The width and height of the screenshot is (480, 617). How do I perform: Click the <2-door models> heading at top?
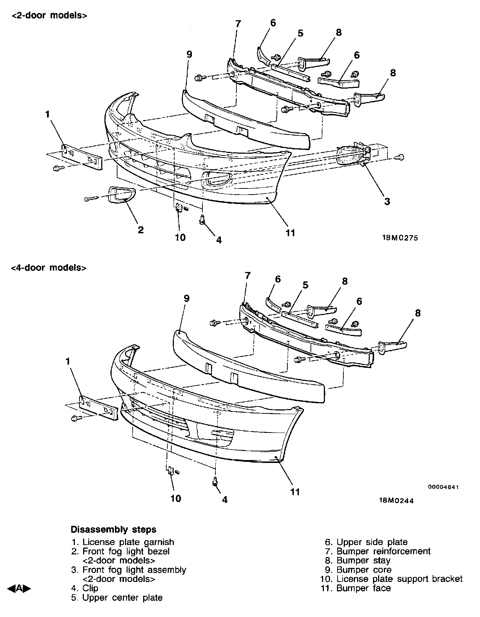49,16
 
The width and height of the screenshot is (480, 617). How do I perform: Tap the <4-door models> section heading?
49,268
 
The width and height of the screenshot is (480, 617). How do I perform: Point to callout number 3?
387,201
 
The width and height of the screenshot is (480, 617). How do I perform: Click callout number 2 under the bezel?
141,229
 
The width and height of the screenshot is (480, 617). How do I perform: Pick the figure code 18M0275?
400,238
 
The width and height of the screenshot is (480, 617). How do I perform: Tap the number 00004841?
443,487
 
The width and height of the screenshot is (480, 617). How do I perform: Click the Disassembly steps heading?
113,529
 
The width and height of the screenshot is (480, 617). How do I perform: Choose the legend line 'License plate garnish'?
128,542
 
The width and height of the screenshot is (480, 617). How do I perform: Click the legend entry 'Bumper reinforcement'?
383,551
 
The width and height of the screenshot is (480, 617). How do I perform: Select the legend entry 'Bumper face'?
363,588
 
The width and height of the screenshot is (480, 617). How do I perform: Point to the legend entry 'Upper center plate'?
122,597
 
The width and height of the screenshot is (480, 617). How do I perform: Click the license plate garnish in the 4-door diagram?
99,408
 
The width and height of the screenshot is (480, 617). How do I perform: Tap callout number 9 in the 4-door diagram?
187,298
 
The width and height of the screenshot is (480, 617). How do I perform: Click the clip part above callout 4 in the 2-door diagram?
203,219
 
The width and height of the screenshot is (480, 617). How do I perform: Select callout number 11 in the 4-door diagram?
295,492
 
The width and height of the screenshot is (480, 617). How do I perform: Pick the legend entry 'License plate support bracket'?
399,579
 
